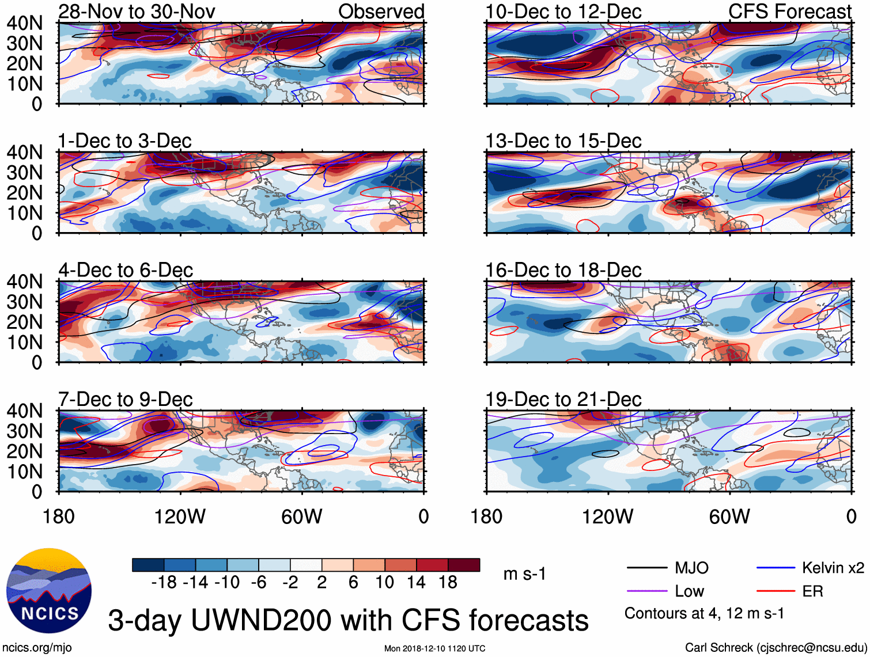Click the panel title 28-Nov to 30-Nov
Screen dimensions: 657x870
tap(137, 12)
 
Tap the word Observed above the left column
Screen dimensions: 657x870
tap(381, 12)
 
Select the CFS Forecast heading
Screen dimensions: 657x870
tap(789, 12)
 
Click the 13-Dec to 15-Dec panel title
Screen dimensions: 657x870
tap(563, 141)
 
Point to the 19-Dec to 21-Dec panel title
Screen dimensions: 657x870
tap(563, 400)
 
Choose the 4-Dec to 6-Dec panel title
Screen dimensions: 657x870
tap(126, 271)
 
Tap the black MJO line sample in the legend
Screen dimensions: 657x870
tap(647, 568)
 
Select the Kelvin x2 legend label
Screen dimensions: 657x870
tap(833, 568)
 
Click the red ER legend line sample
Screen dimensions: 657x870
tap(776, 591)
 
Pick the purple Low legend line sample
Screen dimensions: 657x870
tap(647, 591)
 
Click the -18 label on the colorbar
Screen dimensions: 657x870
tap(164, 583)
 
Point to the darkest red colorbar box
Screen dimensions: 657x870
tap(464, 565)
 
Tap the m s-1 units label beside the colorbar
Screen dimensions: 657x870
tap(524, 574)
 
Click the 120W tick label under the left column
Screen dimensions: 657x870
tap(180, 517)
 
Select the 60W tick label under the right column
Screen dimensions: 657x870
tap(729, 517)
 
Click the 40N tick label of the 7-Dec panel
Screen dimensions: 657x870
tap(25, 411)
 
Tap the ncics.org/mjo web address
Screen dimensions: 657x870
tap(37, 648)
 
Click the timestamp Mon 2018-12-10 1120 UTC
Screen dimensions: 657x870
tap(434, 648)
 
